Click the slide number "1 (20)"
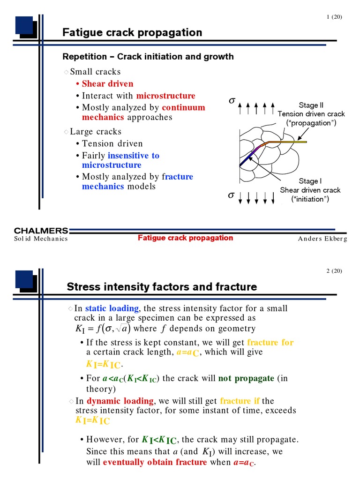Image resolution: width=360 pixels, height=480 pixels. (x=334, y=17)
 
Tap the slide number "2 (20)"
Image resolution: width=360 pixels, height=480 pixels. (x=334, y=271)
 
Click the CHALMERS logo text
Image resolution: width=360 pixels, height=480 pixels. (x=41, y=231)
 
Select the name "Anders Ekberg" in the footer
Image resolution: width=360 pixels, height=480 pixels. (x=322, y=239)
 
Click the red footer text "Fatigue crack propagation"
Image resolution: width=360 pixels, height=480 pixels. (x=185, y=238)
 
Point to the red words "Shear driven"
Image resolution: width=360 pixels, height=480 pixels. (x=107, y=83)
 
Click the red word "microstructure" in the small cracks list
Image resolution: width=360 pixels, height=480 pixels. (x=165, y=96)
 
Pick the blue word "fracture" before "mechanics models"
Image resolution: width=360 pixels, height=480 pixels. (x=178, y=177)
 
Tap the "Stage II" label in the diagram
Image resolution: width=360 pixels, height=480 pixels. (x=311, y=105)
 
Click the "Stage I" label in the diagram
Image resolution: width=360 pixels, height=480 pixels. (x=310, y=181)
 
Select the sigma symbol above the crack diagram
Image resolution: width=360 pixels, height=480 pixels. (x=232, y=100)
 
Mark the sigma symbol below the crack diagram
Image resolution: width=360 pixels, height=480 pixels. (x=232, y=195)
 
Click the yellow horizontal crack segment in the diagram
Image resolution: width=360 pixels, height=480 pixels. (x=287, y=142)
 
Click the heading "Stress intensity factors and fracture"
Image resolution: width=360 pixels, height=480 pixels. (x=162, y=287)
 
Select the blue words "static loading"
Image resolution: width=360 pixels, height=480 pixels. (x=112, y=308)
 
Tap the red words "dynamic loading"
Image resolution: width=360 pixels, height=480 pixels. (x=120, y=401)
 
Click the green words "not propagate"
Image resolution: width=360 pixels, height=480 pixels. (x=246, y=378)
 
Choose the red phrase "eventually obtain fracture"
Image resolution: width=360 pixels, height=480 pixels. (x=155, y=462)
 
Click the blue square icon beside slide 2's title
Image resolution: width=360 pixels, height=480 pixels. (x=24, y=279)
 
